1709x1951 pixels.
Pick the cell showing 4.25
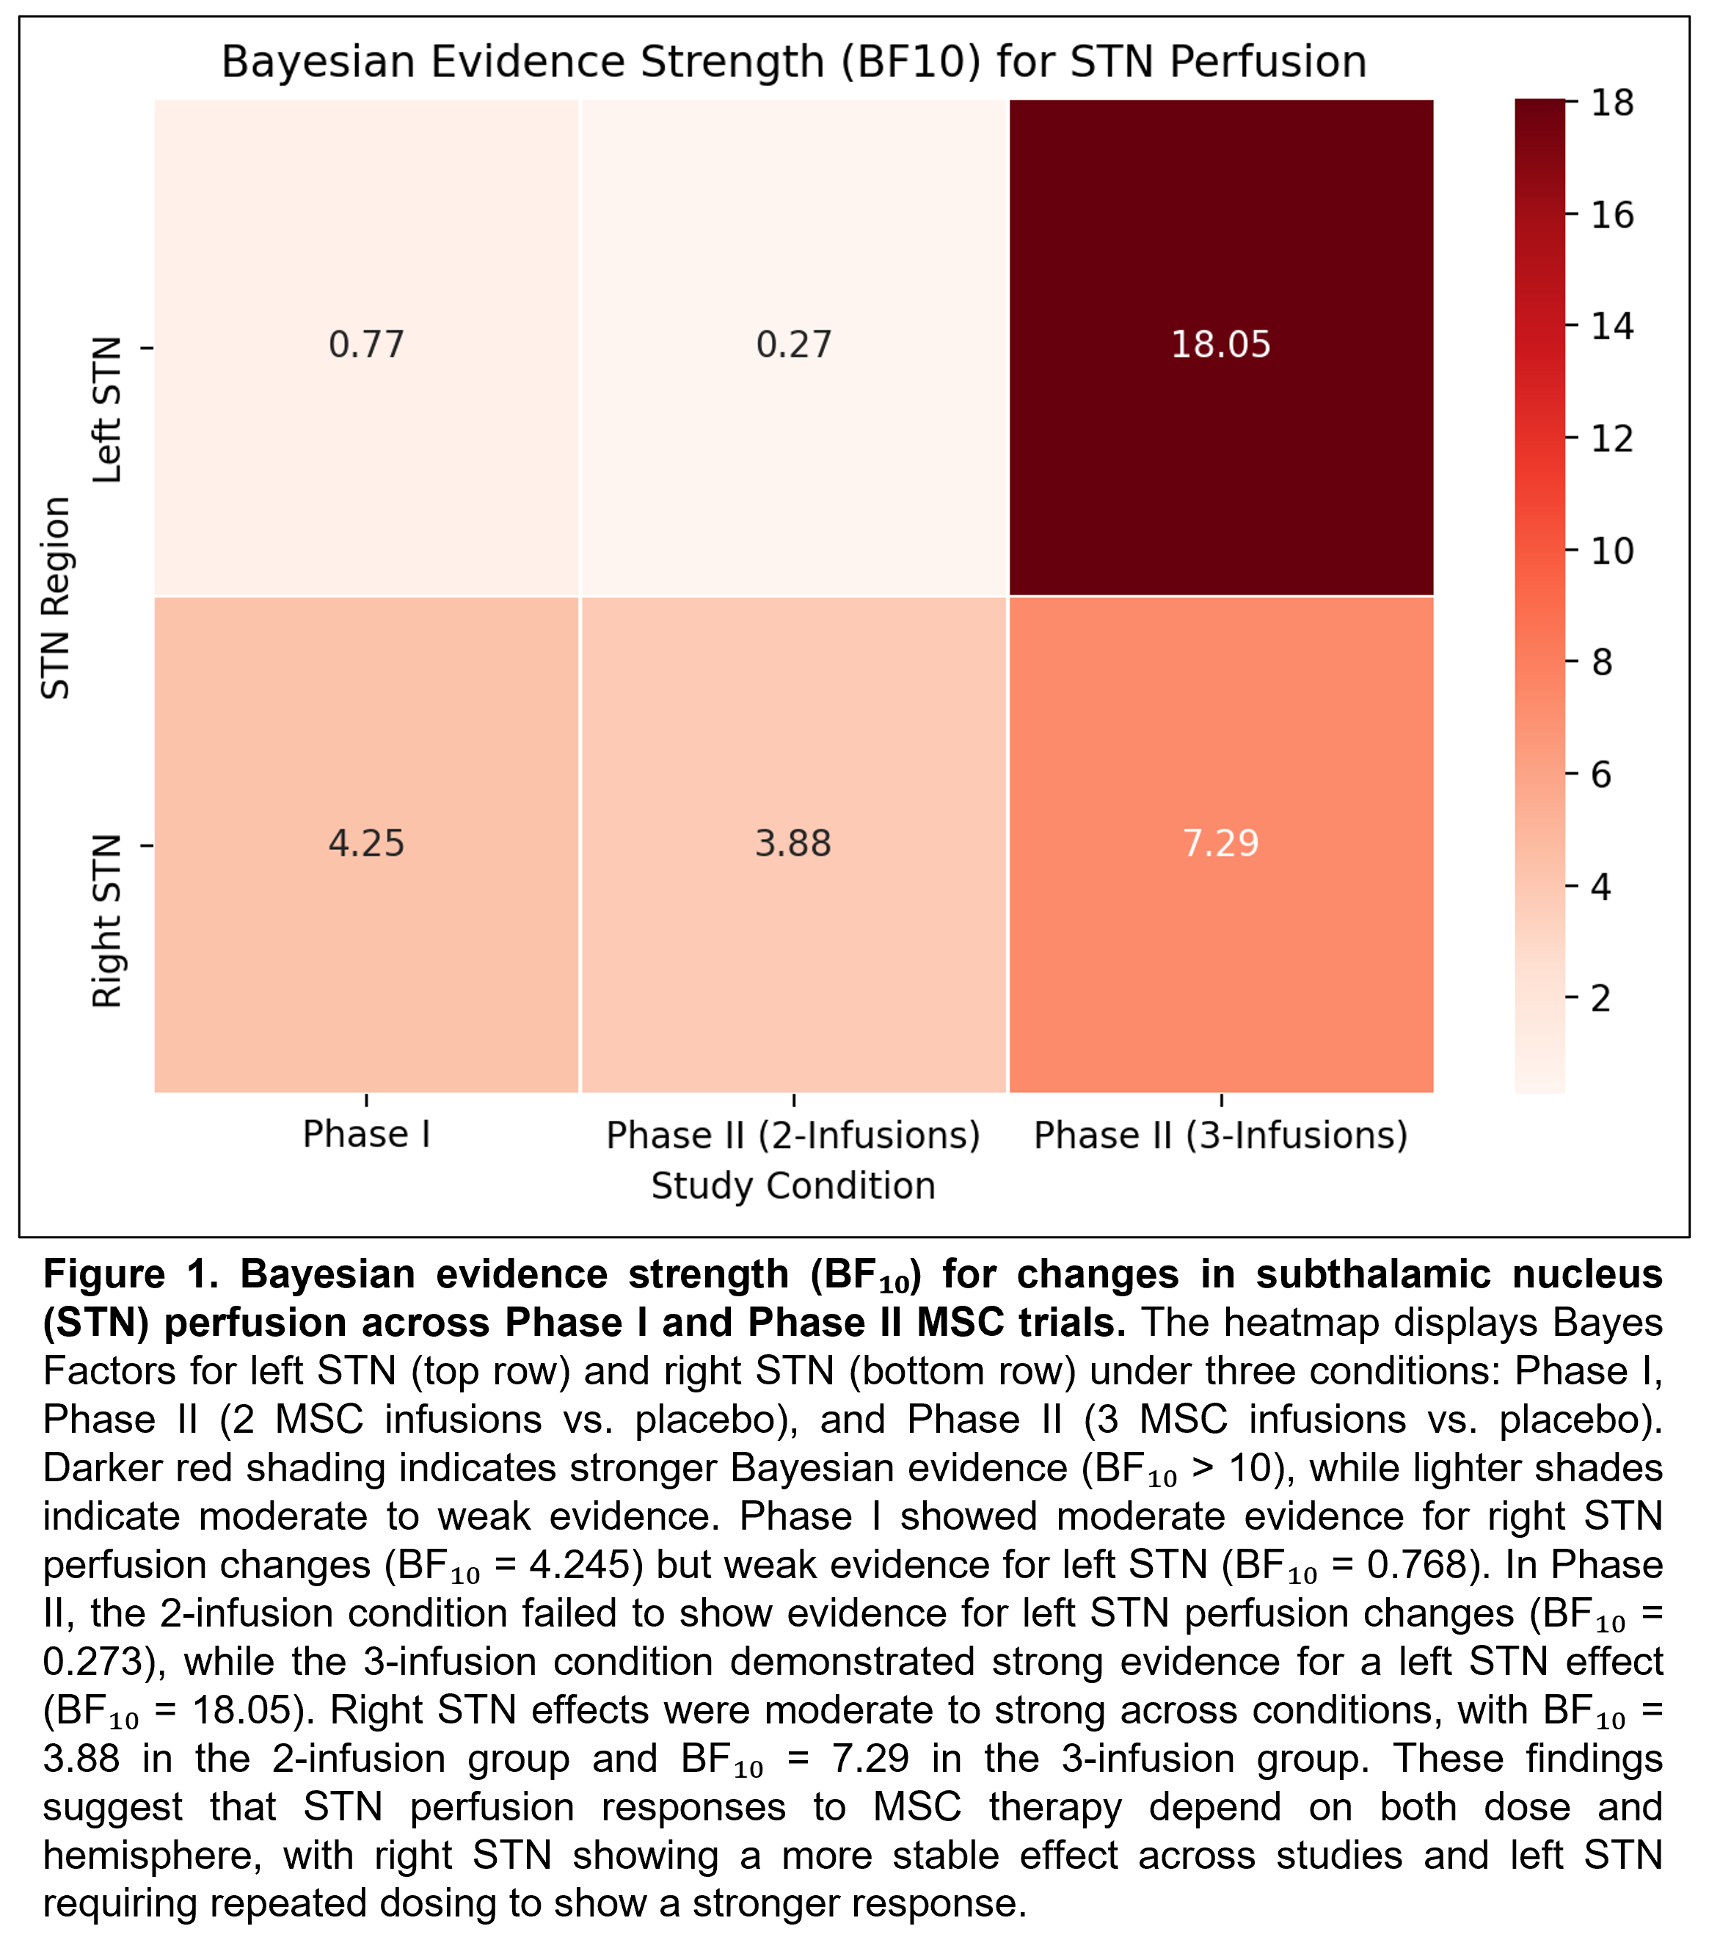tap(366, 843)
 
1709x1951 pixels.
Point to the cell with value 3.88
tap(793, 843)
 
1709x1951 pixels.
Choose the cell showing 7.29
tap(1221, 843)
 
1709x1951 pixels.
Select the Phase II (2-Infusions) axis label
tap(793, 1136)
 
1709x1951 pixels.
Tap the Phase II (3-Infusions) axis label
tap(1221, 1136)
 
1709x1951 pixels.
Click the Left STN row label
tap(107, 410)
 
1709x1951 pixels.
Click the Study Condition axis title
tap(793, 1186)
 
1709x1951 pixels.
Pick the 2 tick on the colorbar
tap(1601, 998)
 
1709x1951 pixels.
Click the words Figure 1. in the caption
tap(133, 1274)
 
